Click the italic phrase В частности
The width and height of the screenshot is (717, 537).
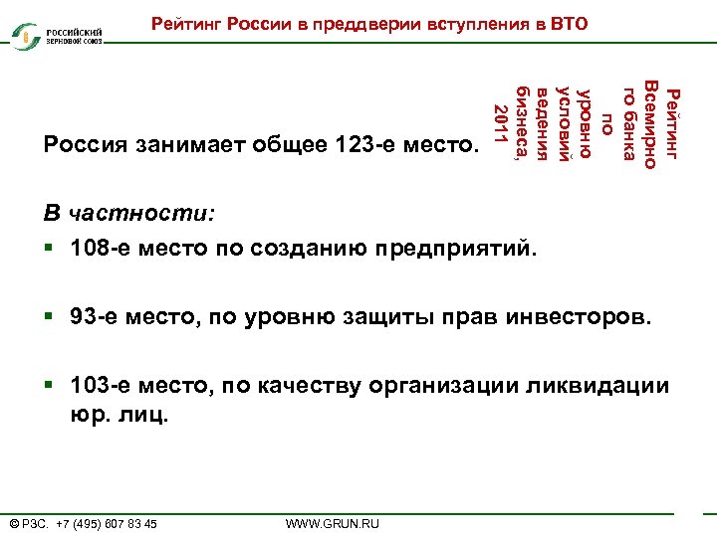click(129, 215)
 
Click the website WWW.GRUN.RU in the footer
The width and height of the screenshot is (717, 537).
click(333, 523)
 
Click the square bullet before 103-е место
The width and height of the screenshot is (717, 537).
click(49, 387)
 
